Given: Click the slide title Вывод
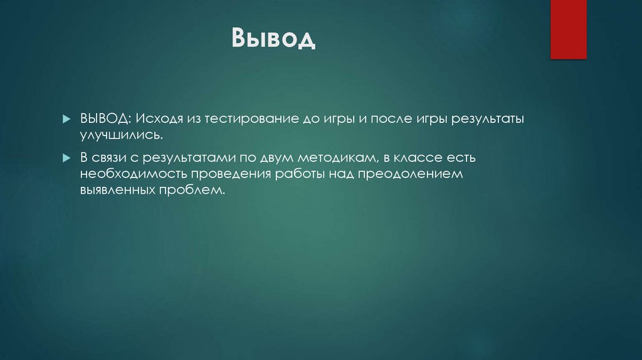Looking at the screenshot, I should point(273,40).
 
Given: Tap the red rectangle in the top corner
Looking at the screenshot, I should point(568,29).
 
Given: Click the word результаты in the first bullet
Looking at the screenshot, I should point(491,119).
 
